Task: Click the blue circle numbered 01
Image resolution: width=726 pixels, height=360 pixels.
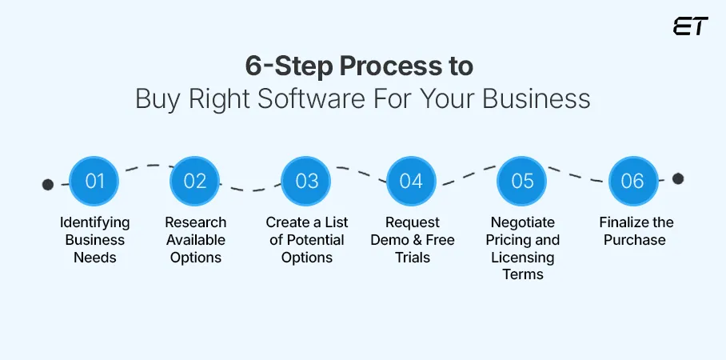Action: (x=94, y=181)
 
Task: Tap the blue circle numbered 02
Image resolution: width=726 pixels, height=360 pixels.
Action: (x=195, y=181)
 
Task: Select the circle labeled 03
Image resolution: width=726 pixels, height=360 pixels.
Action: (x=307, y=181)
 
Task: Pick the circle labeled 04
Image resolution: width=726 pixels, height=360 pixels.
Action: (x=411, y=181)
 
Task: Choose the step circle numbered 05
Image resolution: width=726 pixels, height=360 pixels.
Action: (x=522, y=181)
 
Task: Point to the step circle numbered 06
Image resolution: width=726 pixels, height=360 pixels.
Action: (x=632, y=181)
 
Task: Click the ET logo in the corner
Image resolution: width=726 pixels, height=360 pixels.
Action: (x=690, y=26)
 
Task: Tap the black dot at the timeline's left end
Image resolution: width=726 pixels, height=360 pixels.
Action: (x=48, y=185)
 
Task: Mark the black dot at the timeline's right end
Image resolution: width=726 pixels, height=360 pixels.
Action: (x=678, y=178)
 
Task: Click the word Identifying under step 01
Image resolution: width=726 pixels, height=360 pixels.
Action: (x=94, y=222)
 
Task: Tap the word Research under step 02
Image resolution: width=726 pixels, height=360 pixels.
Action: (x=195, y=222)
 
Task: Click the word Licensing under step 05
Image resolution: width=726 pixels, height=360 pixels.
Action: (x=522, y=258)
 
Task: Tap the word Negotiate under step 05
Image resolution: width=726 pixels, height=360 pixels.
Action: (x=522, y=222)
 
